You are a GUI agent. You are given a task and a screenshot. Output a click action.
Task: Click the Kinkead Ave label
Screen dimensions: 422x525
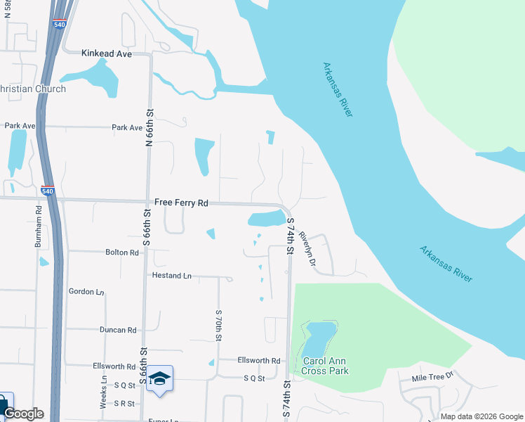pos(107,53)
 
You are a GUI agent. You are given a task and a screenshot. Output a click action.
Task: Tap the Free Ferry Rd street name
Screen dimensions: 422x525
pos(182,203)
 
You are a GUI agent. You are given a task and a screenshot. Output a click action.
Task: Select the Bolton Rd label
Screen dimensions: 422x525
pos(121,252)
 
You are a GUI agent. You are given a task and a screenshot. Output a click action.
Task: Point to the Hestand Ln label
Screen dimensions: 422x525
pos(171,276)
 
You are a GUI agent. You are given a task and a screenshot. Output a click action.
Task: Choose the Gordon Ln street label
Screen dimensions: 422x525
pos(86,291)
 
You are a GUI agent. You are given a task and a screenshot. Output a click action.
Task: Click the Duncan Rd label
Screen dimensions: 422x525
pos(117,329)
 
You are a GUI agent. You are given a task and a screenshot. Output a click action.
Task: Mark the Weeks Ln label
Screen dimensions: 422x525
pos(103,393)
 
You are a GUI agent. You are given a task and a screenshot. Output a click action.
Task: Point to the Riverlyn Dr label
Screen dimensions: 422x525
pos(307,249)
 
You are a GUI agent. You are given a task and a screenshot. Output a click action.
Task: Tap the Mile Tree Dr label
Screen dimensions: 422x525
pos(434,377)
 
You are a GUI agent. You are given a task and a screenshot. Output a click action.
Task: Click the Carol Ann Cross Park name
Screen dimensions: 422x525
pos(325,366)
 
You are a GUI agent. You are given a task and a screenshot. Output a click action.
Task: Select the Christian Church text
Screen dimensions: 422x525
pos(32,89)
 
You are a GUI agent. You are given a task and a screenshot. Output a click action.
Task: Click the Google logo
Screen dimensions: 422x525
pos(23,414)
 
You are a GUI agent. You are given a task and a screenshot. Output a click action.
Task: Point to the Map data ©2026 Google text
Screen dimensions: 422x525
pos(481,416)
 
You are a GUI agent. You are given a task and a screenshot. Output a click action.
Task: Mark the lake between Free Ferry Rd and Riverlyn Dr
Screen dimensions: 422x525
pos(265,219)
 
